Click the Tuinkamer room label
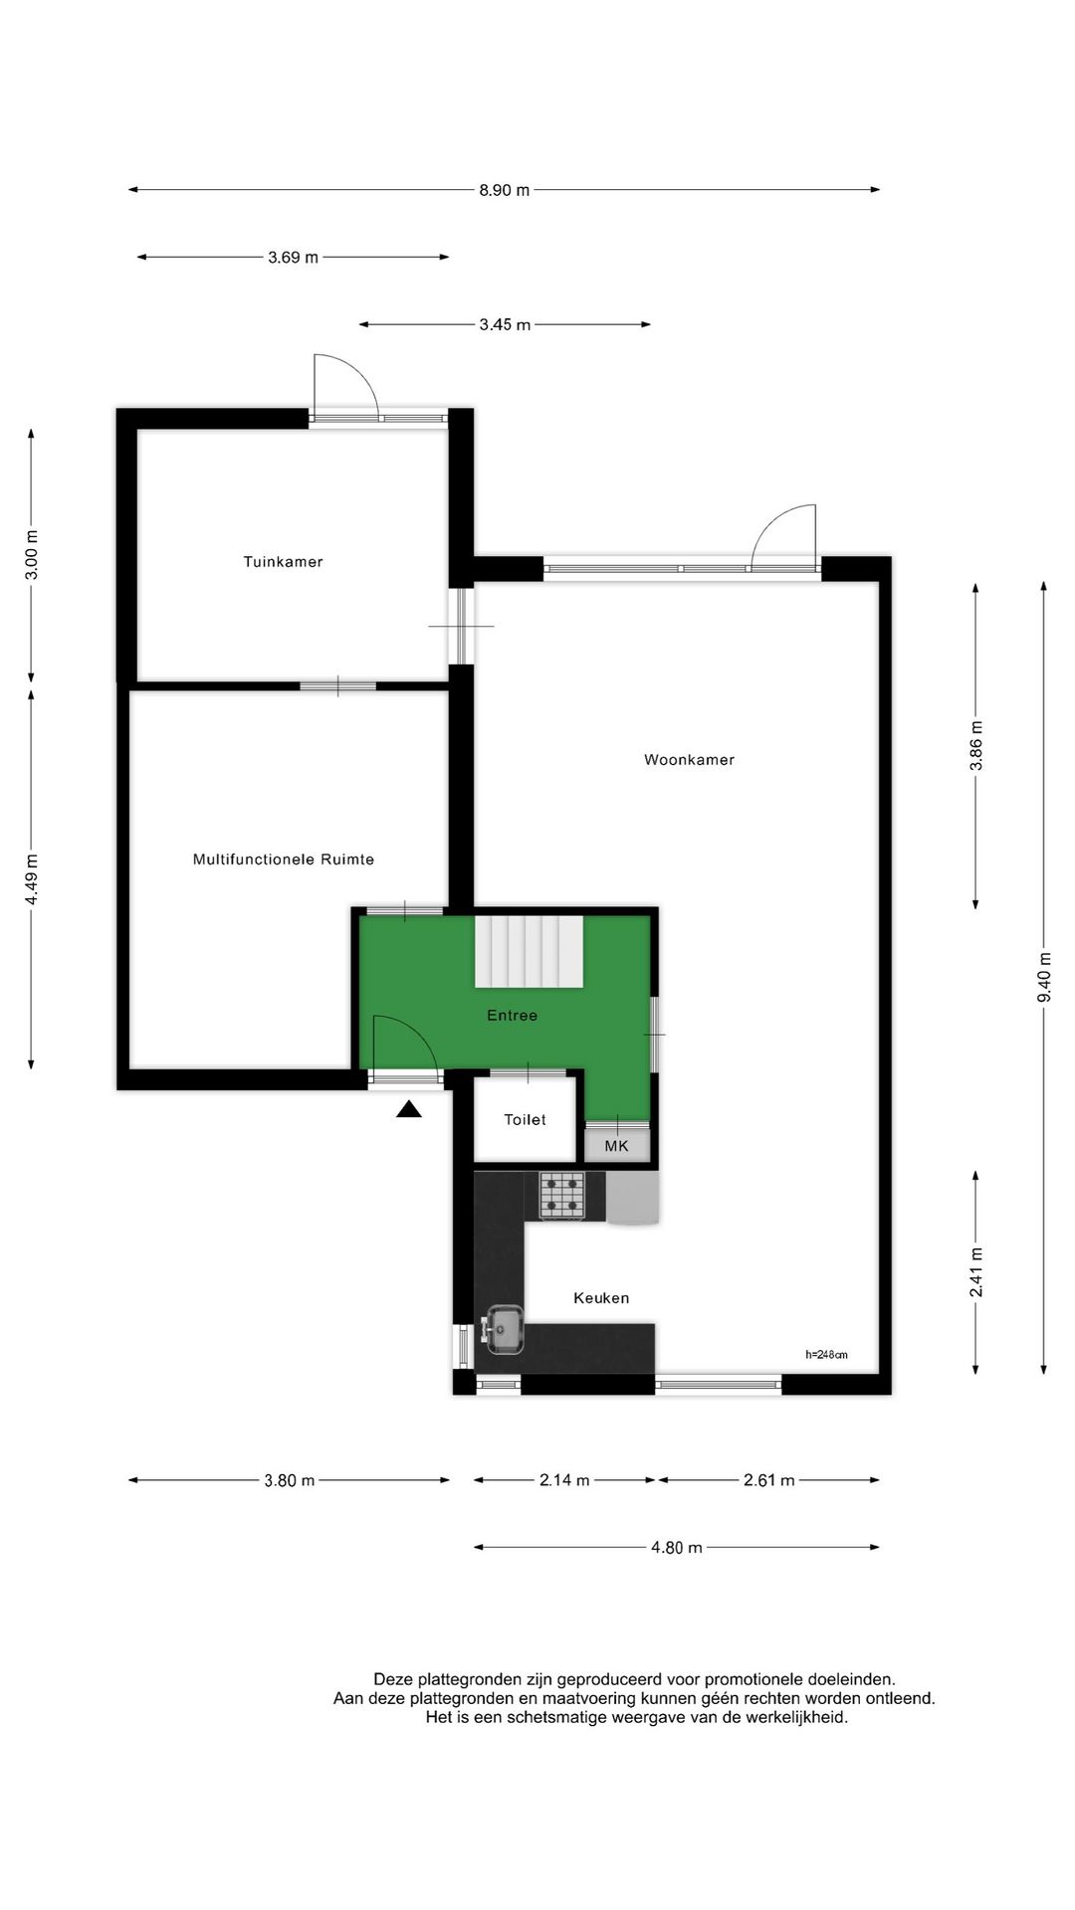click(x=283, y=562)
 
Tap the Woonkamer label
click(x=689, y=760)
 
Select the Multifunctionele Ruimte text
click(x=284, y=859)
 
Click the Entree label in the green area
click(x=512, y=1016)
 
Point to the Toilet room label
click(x=525, y=1120)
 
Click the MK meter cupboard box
click(x=617, y=1146)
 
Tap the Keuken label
click(x=601, y=1298)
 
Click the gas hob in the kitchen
click(x=561, y=1196)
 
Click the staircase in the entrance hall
click(x=529, y=952)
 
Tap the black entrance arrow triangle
click(x=409, y=1110)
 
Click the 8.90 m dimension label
click(x=505, y=190)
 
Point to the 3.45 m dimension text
click(x=505, y=324)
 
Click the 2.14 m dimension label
click(x=564, y=1480)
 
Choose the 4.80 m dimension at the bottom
click(x=677, y=1548)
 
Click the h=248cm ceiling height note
click(x=827, y=1354)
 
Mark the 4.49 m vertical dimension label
click(x=32, y=880)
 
